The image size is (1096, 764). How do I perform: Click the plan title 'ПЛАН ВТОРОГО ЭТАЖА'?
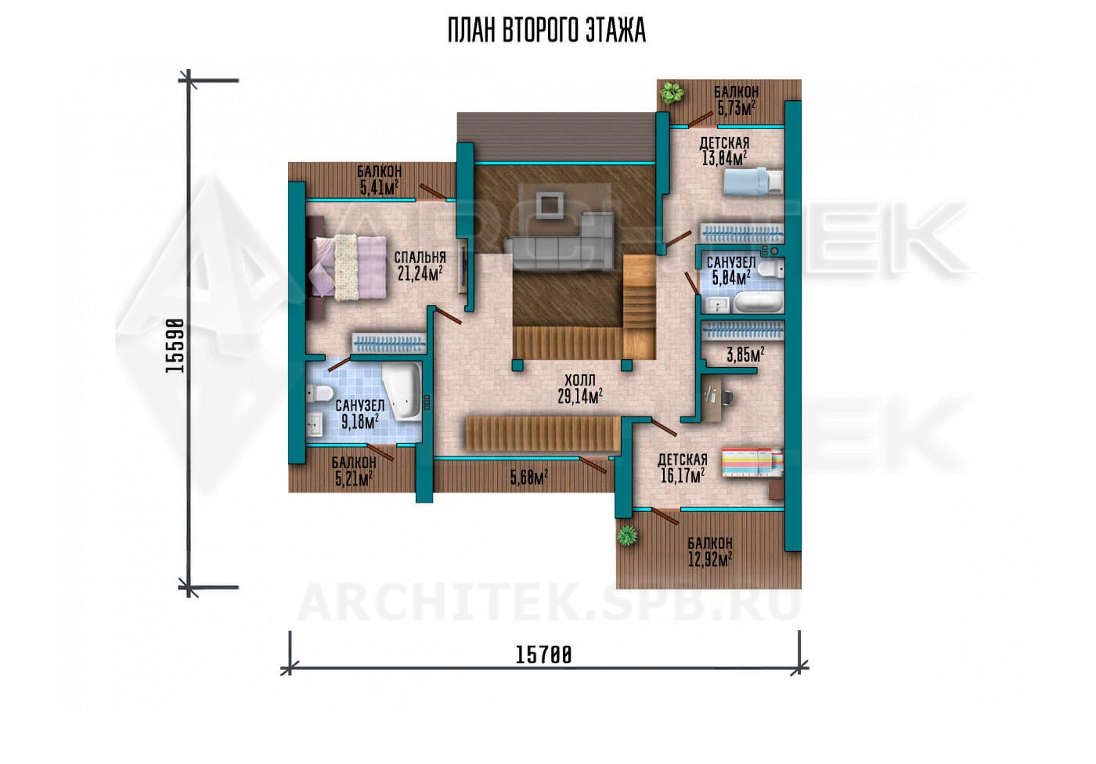pyautogui.click(x=546, y=31)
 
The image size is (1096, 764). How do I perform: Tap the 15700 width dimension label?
pyautogui.click(x=543, y=655)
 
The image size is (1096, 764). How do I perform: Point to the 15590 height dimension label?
pyautogui.click(x=175, y=346)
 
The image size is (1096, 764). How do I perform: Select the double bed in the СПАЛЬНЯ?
pyautogui.click(x=348, y=267)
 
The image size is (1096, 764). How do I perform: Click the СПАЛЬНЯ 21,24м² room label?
pyautogui.click(x=420, y=266)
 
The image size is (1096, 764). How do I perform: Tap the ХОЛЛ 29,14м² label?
pyautogui.click(x=580, y=389)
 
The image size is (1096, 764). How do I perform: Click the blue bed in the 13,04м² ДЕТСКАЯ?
pyautogui.click(x=753, y=181)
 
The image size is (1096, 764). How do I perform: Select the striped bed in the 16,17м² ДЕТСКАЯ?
pyautogui.click(x=752, y=462)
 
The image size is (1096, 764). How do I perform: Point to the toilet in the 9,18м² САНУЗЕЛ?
pyautogui.click(x=319, y=394)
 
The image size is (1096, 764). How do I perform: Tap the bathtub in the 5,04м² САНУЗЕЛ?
pyautogui.click(x=758, y=302)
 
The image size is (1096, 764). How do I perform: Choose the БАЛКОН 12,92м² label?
pyautogui.click(x=710, y=551)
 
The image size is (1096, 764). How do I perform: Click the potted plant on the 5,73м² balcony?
pyautogui.click(x=672, y=92)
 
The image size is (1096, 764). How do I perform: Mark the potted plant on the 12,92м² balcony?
pyautogui.click(x=627, y=535)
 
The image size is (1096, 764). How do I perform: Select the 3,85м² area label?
pyautogui.click(x=745, y=355)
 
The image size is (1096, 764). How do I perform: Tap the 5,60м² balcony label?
pyautogui.click(x=528, y=477)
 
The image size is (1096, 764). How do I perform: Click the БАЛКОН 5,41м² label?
pyautogui.click(x=379, y=179)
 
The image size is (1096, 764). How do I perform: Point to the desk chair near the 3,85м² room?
pyautogui.click(x=726, y=397)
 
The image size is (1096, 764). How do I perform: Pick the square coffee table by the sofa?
pyautogui.click(x=550, y=205)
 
